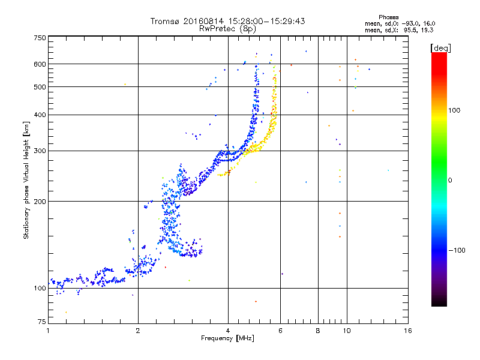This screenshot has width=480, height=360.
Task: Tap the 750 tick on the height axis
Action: (x=40, y=37)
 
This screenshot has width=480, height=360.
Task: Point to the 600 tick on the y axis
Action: (x=40, y=64)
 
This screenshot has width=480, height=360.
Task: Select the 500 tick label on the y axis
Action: (x=40, y=87)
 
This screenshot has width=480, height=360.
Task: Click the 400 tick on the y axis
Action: (x=40, y=115)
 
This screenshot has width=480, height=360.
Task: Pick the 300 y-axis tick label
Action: (x=40, y=151)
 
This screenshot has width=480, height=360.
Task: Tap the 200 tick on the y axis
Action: (x=40, y=201)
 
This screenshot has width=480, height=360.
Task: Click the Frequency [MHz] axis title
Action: (x=228, y=339)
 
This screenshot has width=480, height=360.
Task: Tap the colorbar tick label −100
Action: (x=458, y=250)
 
